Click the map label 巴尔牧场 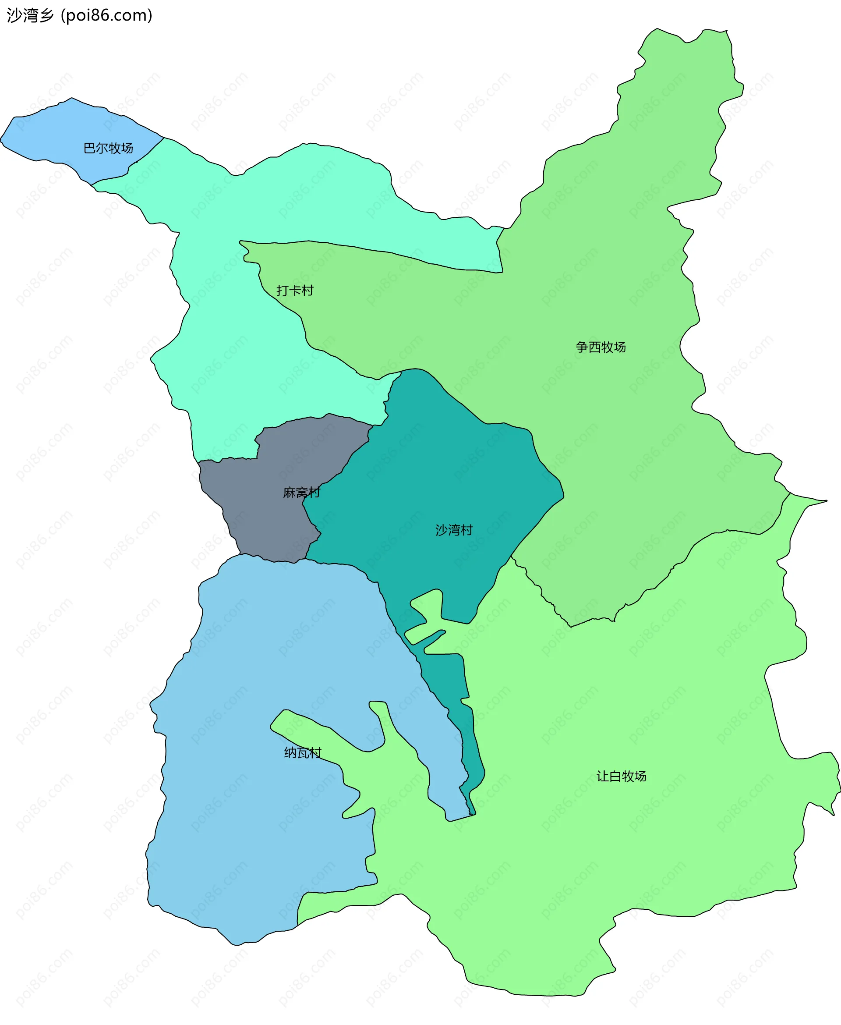click(x=108, y=148)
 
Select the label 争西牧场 click(x=601, y=347)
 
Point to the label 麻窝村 click(x=301, y=493)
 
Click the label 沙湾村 click(x=453, y=530)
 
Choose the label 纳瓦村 click(x=303, y=752)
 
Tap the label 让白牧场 click(x=622, y=777)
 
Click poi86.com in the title click(x=107, y=15)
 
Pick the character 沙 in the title click(x=14, y=15)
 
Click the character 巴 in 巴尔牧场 click(x=90, y=148)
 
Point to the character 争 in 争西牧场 click(x=582, y=347)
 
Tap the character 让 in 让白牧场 click(x=603, y=777)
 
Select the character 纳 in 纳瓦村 click(x=290, y=752)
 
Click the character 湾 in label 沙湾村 click(x=453, y=530)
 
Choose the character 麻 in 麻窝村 click(x=289, y=493)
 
